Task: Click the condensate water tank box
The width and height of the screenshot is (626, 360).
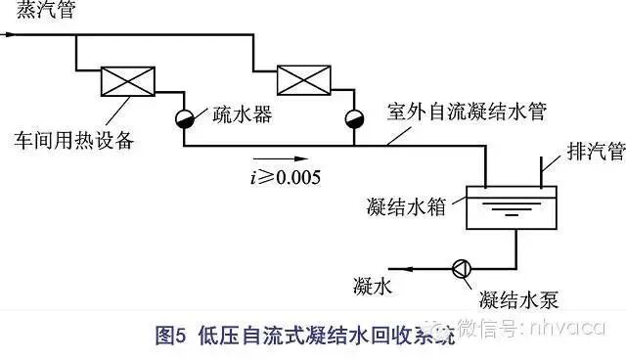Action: pyautogui.click(x=510, y=207)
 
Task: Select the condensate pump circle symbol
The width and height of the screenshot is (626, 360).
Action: pyautogui.click(x=459, y=267)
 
